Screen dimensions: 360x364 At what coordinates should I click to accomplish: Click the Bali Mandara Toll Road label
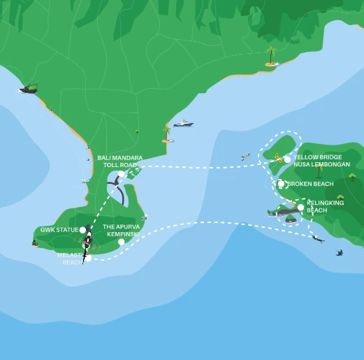point(120,161)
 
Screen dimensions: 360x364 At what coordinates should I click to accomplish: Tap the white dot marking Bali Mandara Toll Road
point(122,174)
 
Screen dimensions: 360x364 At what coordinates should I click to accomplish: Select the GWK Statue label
point(58,229)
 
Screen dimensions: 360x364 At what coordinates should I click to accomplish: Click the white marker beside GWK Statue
point(82,229)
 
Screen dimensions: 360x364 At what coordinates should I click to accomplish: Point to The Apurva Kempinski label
point(122,230)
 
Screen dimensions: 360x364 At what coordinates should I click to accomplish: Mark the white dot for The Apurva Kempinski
point(122,242)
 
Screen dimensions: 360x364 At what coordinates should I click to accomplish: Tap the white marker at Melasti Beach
point(89,258)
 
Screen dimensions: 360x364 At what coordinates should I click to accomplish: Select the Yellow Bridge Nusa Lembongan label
point(321,161)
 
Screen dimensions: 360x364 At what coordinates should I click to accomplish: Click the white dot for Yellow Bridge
point(287,159)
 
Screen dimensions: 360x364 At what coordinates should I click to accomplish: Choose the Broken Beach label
point(310,184)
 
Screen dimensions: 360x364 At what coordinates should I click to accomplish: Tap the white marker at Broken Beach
point(281,184)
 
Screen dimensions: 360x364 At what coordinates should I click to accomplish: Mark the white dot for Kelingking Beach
point(300,207)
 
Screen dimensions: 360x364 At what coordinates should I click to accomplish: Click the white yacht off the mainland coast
point(183,124)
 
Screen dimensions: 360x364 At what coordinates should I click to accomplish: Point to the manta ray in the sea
point(339,252)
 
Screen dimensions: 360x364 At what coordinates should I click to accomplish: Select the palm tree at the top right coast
point(270,55)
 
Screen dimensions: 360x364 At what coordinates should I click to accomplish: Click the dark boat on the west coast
point(29,89)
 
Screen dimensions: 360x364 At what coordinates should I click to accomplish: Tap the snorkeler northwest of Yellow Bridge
point(245,157)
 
